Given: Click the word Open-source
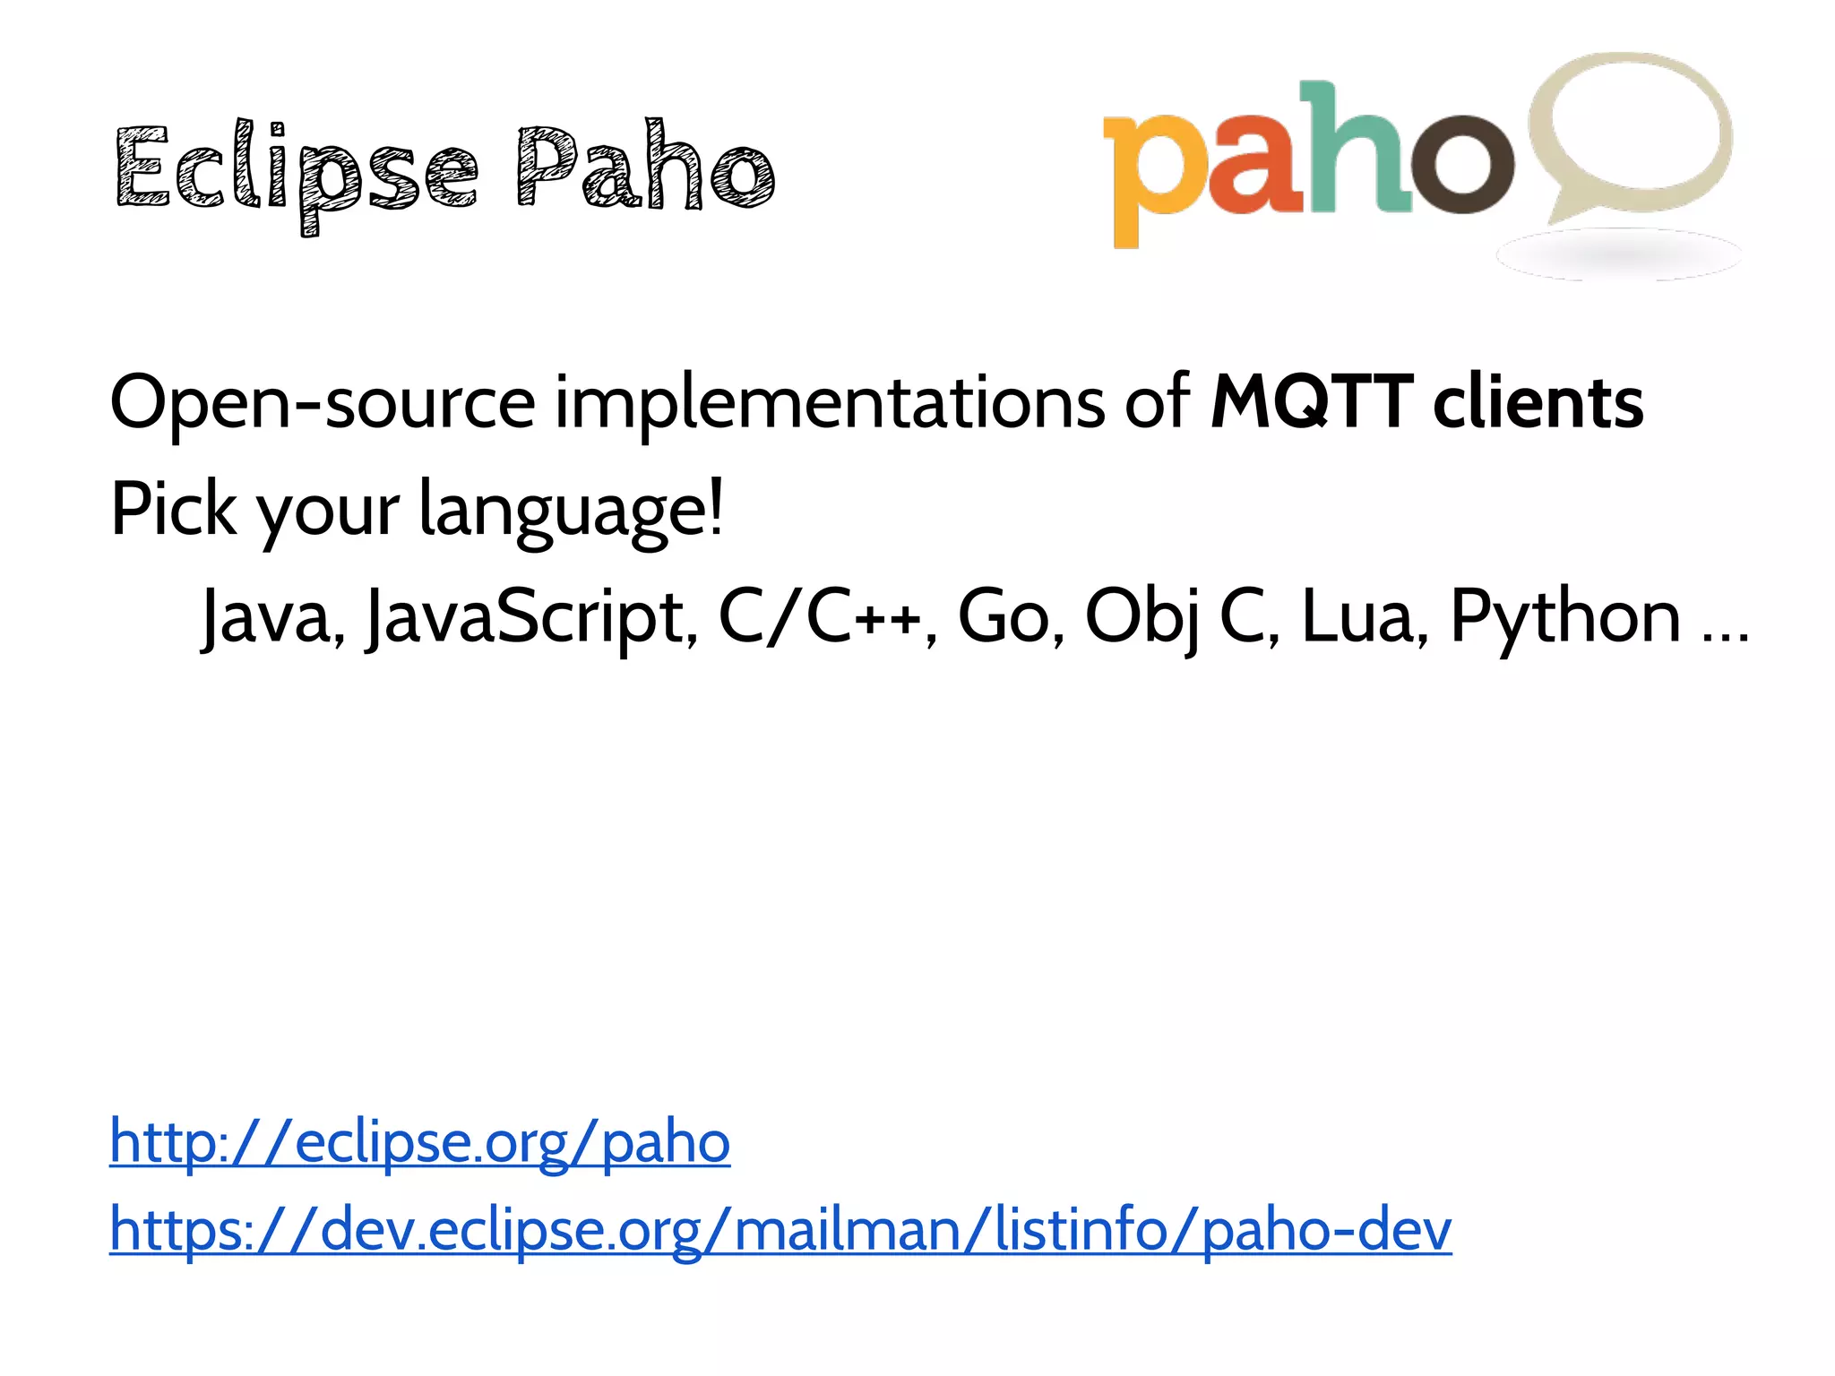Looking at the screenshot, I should tap(323, 403).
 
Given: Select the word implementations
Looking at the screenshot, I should tap(829, 403).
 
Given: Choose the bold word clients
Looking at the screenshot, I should tap(1538, 403).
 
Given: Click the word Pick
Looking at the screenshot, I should tap(173, 509).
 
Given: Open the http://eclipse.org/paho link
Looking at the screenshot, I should tap(419, 1143).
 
